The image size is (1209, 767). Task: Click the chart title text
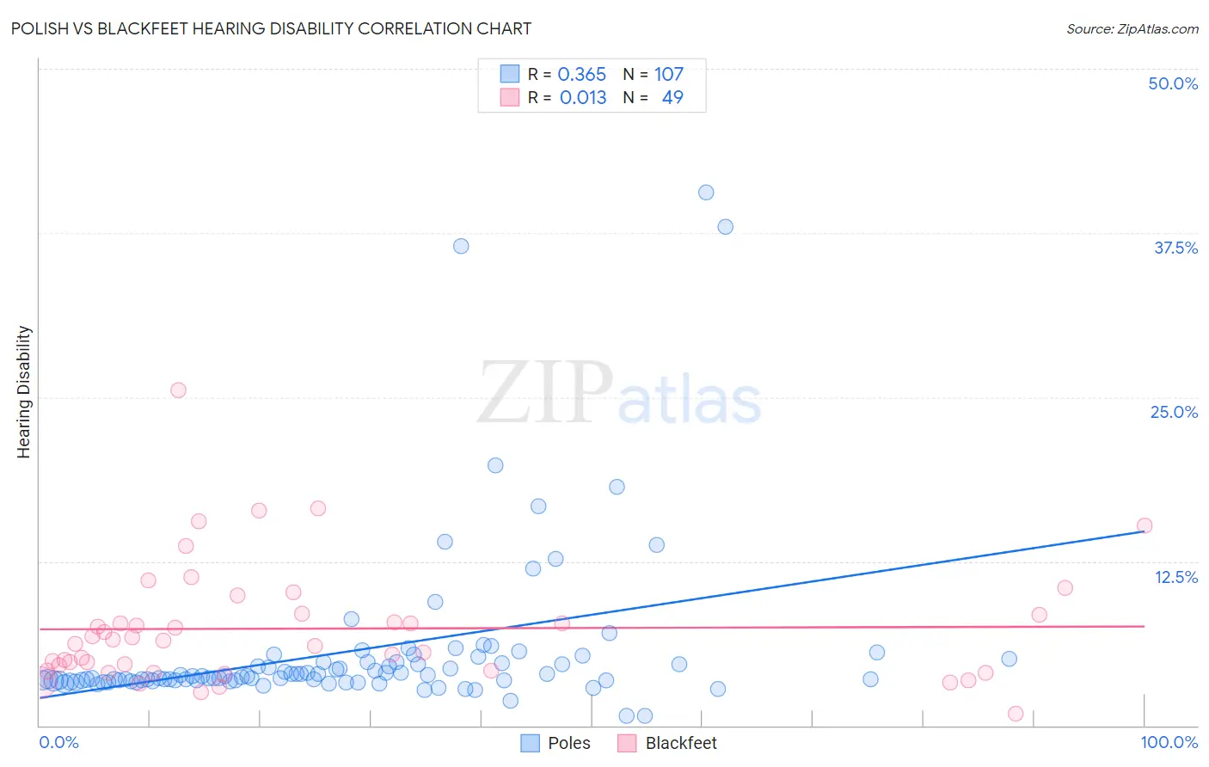271,28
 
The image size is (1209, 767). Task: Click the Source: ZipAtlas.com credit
1132,28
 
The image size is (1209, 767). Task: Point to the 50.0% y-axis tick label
1173,83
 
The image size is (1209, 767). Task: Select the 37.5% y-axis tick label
1175,248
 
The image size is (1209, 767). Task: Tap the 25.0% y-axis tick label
1174,412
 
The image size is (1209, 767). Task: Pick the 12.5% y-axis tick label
1175,577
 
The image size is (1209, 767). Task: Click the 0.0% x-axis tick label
58,742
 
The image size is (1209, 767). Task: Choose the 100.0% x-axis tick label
1169,742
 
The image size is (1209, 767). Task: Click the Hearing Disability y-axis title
24,391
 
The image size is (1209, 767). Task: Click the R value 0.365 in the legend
582,74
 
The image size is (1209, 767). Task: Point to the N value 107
669,74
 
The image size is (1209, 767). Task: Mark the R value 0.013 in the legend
583,97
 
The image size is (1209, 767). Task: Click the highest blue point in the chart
706,193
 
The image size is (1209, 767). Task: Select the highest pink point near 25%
178,390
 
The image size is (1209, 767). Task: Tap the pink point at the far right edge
1145,525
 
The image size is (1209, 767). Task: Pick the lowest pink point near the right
1016,714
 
